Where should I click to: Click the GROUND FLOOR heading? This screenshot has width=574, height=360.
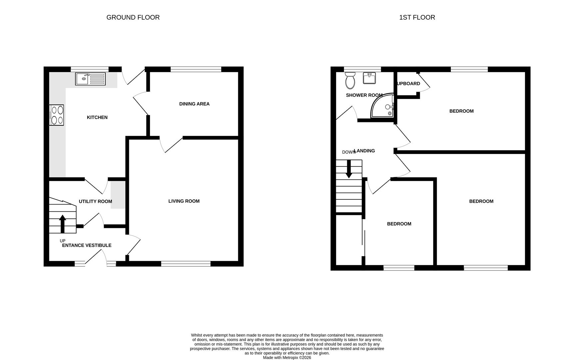(x=133, y=17)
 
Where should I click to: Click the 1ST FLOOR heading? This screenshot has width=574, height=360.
(x=417, y=17)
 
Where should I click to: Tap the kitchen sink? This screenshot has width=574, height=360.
(x=90, y=79)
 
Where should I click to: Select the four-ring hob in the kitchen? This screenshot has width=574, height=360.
(x=57, y=115)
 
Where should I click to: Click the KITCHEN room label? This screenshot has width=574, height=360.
(x=97, y=117)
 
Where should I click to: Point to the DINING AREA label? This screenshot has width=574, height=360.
(x=194, y=104)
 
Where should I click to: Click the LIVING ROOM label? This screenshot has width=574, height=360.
(x=184, y=201)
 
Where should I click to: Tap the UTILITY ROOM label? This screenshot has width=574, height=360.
(x=95, y=201)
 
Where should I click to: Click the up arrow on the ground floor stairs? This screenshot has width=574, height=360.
(x=62, y=223)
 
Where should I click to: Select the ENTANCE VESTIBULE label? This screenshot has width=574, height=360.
(x=87, y=245)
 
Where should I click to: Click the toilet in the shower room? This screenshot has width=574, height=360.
(x=350, y=81)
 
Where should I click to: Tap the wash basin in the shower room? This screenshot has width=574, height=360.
(x=369, y=78)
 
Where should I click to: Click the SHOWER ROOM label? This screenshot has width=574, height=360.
(x=364, y=95)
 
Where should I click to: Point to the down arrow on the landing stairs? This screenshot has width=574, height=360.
(x=349, y=169)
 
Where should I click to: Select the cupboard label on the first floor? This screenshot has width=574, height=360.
(x=408, y=84)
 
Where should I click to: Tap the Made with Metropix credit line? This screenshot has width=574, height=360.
(x=287, y=358)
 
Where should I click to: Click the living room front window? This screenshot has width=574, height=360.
(x=186, y=264)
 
